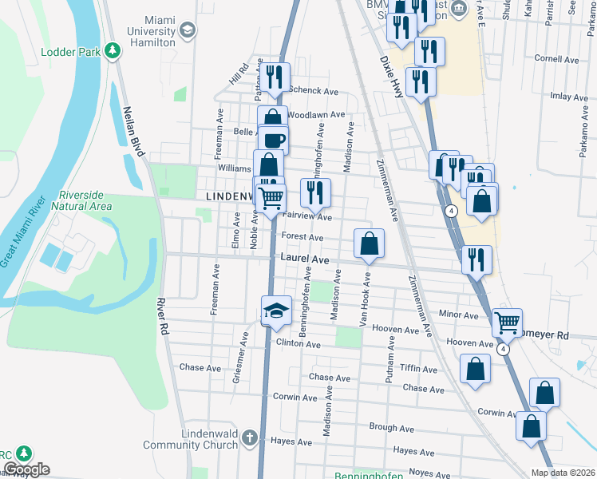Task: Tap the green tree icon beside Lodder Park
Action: pyautogui.click(x=113, y=51)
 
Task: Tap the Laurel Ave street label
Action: pyautogui.click(x=305, y=259)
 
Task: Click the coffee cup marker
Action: pyautogui.click(x=273, y=140)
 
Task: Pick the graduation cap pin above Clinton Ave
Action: pyautogui.click(x=277, y=310)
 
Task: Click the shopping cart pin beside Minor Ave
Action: pyautogui.click(x=507, y=323)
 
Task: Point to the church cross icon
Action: pyautogui.click(x=249, y=437)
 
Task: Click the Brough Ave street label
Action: pyautogui.click(x=391, y=428)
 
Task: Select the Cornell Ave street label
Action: pyautogui.click(x=556, y=59)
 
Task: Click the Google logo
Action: pyautogui.click(x=26, y=469)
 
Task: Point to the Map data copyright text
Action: pyautogui.click(x=562, y=473)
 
